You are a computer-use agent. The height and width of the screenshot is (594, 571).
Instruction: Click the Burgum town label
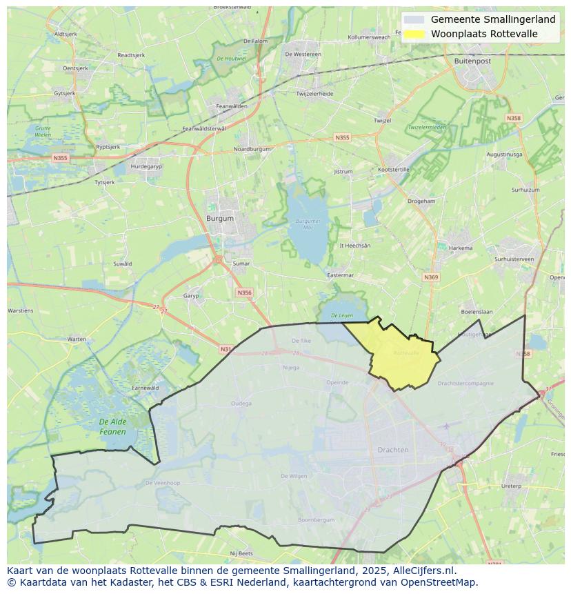[x=220, y=218]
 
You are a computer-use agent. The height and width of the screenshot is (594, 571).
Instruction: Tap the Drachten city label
[x=393, y=450]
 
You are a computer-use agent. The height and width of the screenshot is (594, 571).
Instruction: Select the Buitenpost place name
[x=473, y=61]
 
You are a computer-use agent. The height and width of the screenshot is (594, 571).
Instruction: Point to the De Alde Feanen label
[x=112, y=426]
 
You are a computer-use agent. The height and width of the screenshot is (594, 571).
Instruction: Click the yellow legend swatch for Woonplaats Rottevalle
[x=414, y=34]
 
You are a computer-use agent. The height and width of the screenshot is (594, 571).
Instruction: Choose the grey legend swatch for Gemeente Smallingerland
[x=414, y=20]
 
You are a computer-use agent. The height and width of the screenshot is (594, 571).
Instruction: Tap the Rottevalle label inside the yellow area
[x=406, y=353]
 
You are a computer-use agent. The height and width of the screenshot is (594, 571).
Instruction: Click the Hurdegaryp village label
[x=146, y=166]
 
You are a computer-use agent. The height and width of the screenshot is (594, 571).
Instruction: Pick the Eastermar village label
[x=340, y=275]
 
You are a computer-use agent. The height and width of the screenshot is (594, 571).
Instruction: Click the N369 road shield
[x=431, y=277]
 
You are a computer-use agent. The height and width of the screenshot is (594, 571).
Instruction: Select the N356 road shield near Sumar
[x=244, y=293]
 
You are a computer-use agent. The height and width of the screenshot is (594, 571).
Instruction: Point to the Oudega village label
[x=241, y=404]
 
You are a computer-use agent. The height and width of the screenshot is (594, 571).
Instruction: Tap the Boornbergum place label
[x=316, y=519]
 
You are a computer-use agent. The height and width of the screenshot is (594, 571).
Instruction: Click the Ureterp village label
[x=511, y=486]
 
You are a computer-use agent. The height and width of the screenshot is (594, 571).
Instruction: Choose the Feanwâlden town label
[x=231, y=106]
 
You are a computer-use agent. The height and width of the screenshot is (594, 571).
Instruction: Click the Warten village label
[x=77, y=339]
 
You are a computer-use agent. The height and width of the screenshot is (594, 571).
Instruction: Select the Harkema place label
[x=461, y=248]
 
